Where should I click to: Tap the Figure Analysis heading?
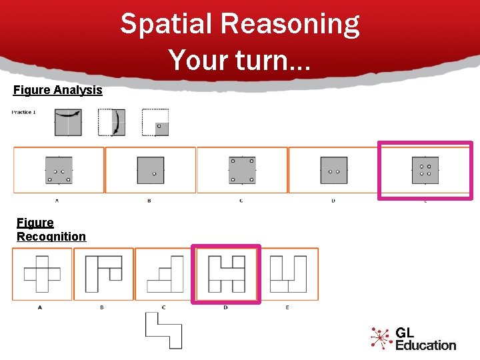(x=58, y=90)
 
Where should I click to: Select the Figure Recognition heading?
(x=51, y=229)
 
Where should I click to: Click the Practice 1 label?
(x=24, y=112)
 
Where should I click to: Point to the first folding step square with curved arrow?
(x=68, y=123)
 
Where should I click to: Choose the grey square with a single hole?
(x=150, y=171)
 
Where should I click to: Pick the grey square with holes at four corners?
(x=242, y=170)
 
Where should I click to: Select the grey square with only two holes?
(x=333, y=171)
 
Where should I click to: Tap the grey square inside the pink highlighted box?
(x=425, y=170)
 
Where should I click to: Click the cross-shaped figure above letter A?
(x=42, y=274)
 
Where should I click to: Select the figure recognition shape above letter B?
(x=104, y=274)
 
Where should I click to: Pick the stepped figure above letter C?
(x=165, y=274)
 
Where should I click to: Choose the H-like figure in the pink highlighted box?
(x=225, y=274)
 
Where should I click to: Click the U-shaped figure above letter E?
(x=288, y=274)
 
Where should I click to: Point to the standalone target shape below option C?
(x=164, y=330)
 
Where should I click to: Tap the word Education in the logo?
(x=425, y=345)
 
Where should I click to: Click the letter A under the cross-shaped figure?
(x=40, y=307)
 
